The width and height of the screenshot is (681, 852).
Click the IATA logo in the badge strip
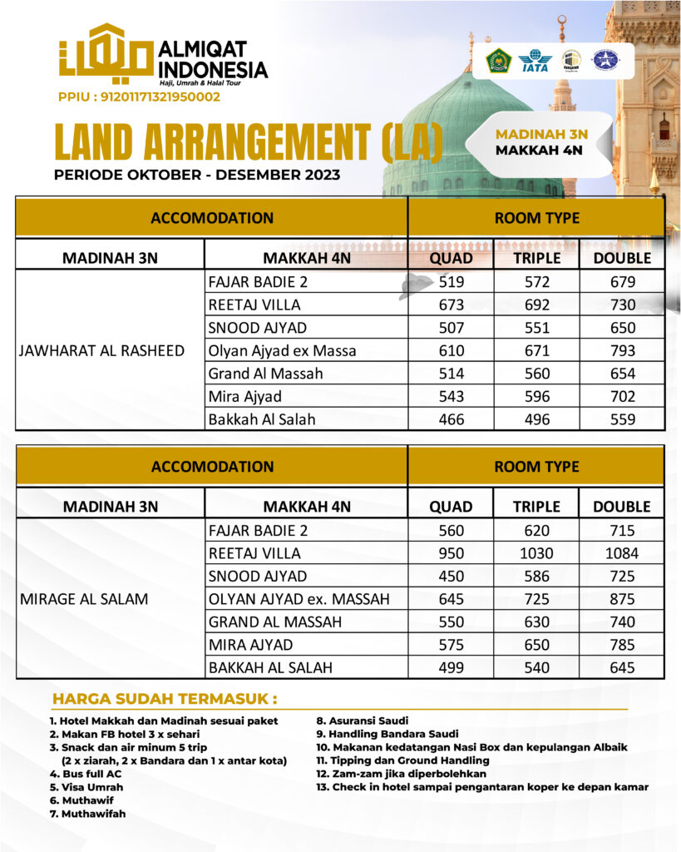pyautogui.click(x=535, y=61)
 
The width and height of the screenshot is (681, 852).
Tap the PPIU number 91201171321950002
pyautogui.click(x=139, y=97)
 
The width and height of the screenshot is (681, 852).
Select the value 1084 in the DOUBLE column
pyautogui.click(x=621, y=553)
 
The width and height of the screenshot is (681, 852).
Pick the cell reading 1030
pyautogui.click(x=536, y=553)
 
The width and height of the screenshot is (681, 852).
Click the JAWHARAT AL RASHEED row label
pyautogui.click(x=101, y=350)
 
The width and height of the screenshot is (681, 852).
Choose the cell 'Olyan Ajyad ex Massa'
pyautogui.click(x=282, y=350)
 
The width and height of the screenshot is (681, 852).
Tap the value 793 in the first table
pyautogui.click(x=621, y=350)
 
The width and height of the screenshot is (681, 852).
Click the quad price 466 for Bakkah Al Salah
pyautogui.click(x=451, y=419)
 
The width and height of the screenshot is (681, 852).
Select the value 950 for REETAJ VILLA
pyautogui.click(x=451, y=553)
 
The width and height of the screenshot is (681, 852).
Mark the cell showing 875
pyautogui.click(x=621, y=599)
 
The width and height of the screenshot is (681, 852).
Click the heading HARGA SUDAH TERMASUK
pyautogui.click(x=165, y=698)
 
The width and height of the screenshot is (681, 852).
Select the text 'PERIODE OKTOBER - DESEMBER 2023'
pyautogui.click(x=196, y=175)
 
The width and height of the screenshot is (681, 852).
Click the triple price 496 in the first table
pyautogui.click(x=536, y=419)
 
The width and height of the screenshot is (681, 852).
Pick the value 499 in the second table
pyautogui.click(x=451, y=667)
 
